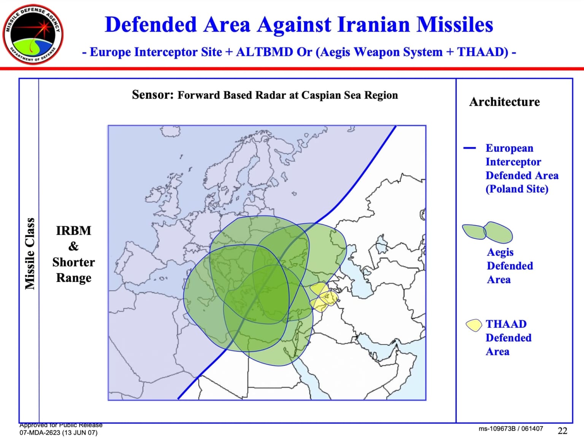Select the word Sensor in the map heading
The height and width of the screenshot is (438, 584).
click(152, 95)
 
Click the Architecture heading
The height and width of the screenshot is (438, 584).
click(504, 102)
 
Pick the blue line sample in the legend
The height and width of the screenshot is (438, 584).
click(470, 148)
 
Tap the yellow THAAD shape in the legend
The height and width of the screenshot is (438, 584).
click(474, 325)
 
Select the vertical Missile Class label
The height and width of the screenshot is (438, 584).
click(30, 253)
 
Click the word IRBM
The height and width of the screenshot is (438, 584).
click(73, 231)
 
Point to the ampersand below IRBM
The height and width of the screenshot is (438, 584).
click(73, 247)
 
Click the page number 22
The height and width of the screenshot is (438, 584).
click(562, 430)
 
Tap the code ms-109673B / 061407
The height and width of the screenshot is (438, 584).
click(511, 429)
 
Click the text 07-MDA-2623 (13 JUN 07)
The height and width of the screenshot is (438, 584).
click(59, 433)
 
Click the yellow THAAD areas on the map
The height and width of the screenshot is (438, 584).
click(324, 296)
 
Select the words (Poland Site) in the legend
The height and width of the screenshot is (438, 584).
click(517, 189)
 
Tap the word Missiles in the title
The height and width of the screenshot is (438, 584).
click(455, 25)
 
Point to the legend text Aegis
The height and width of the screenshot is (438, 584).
click(500, 252)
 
